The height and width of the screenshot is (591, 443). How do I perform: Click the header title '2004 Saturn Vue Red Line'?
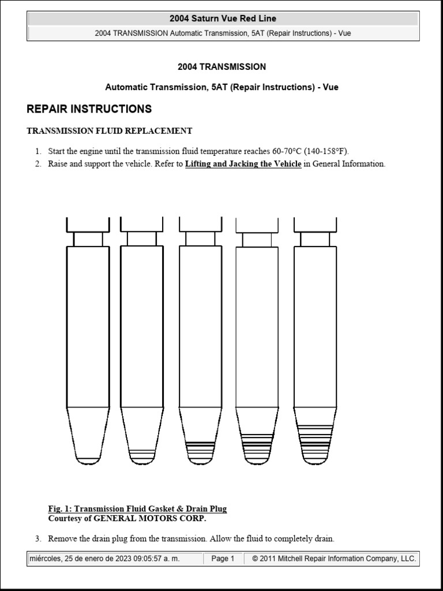(x=223, y=18)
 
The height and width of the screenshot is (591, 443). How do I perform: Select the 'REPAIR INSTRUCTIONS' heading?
(x=89, y=109)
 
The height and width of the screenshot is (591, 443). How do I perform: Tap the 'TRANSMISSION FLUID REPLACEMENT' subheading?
(x=110, y=131)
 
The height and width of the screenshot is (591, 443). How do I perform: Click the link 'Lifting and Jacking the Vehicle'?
(x=243, y=164)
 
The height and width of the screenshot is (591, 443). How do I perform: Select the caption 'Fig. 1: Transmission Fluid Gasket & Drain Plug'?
(x=137, y=508)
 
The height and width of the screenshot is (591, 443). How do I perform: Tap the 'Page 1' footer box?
(x=223, y=559)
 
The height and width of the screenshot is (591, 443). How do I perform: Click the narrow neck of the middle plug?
(x=200, y=239)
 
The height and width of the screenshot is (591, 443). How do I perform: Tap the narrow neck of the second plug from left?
(x=141, y=239)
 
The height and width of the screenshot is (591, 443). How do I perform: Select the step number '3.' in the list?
(x=37, y=539)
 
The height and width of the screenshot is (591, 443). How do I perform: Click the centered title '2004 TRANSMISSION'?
(x=221, y=67)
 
